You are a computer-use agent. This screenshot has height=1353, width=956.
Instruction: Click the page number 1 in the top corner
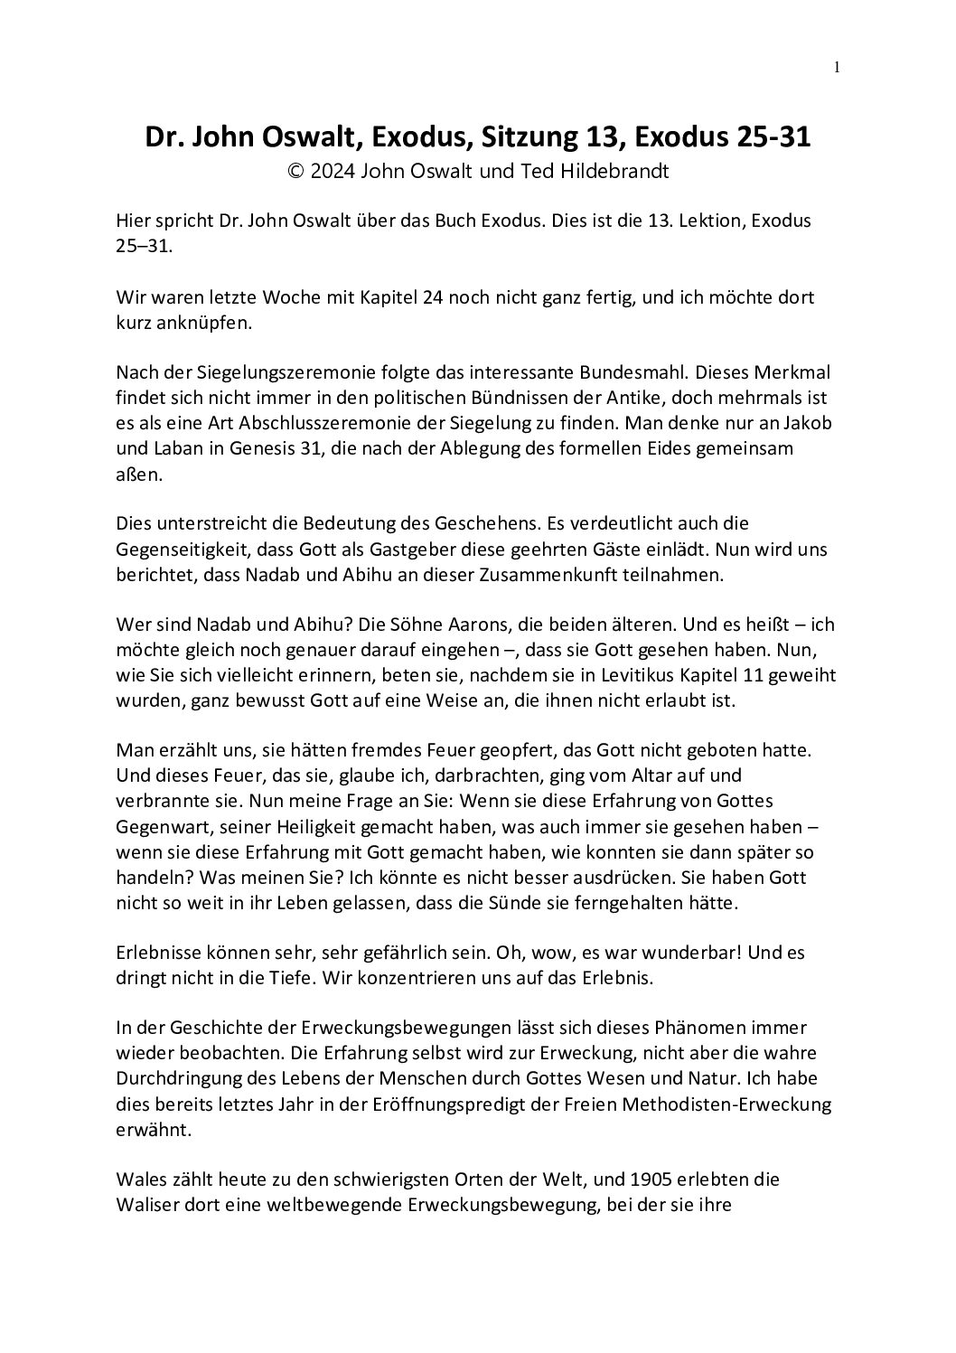point(837,66)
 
